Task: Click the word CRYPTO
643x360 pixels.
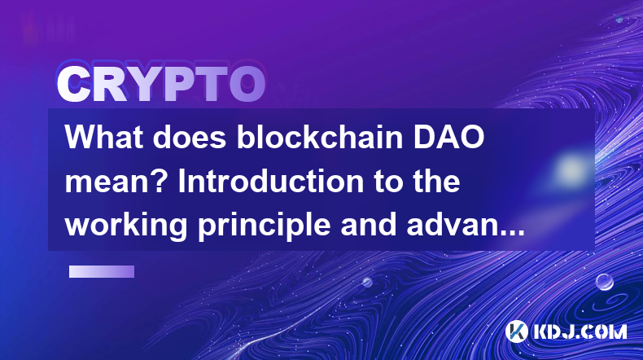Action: click(161, 84)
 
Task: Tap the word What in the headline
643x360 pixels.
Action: click(104, 137)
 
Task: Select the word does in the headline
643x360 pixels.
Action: click(190, 137)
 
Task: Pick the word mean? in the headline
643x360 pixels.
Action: click(116, 182)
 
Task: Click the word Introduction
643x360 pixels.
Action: click(271, 181)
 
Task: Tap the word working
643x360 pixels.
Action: click(126, 226)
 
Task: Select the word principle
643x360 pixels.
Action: click(264, 226)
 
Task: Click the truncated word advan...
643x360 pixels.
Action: click(466, 226)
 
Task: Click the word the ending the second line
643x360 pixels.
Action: click(435, 181)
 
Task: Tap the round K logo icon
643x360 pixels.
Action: click(517, 331)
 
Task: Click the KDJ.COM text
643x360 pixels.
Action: click(580, 331)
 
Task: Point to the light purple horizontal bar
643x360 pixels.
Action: click(102, 271)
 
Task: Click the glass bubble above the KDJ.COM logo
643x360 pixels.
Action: click(605, 282)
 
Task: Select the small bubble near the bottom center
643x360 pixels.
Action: click(367, 283)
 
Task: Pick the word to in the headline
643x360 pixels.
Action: click(387, 182)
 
